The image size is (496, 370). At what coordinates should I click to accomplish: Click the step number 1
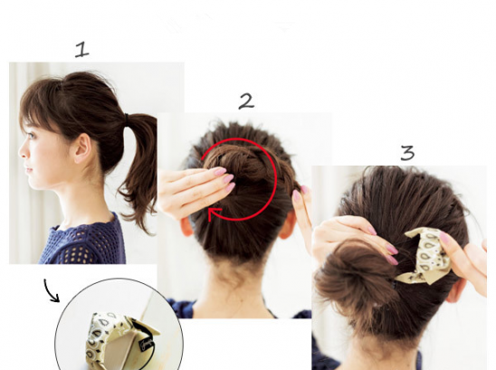(x=82, y=51)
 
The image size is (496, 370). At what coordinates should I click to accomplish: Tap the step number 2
(x=246, y=101)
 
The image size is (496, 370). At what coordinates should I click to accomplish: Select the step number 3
(x=407, y=153)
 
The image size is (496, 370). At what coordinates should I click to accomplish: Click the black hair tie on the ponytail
(x=127, y=119)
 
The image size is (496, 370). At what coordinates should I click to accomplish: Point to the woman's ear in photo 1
(x=82, y=148)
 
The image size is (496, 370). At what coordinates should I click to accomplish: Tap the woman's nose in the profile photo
(x=22, y=152)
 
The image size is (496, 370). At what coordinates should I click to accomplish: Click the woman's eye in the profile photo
(x=31, y=137)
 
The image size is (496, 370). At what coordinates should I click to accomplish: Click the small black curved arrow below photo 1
(x=51, y=290)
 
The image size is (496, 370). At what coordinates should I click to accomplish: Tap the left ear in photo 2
(x=187, y=226)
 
